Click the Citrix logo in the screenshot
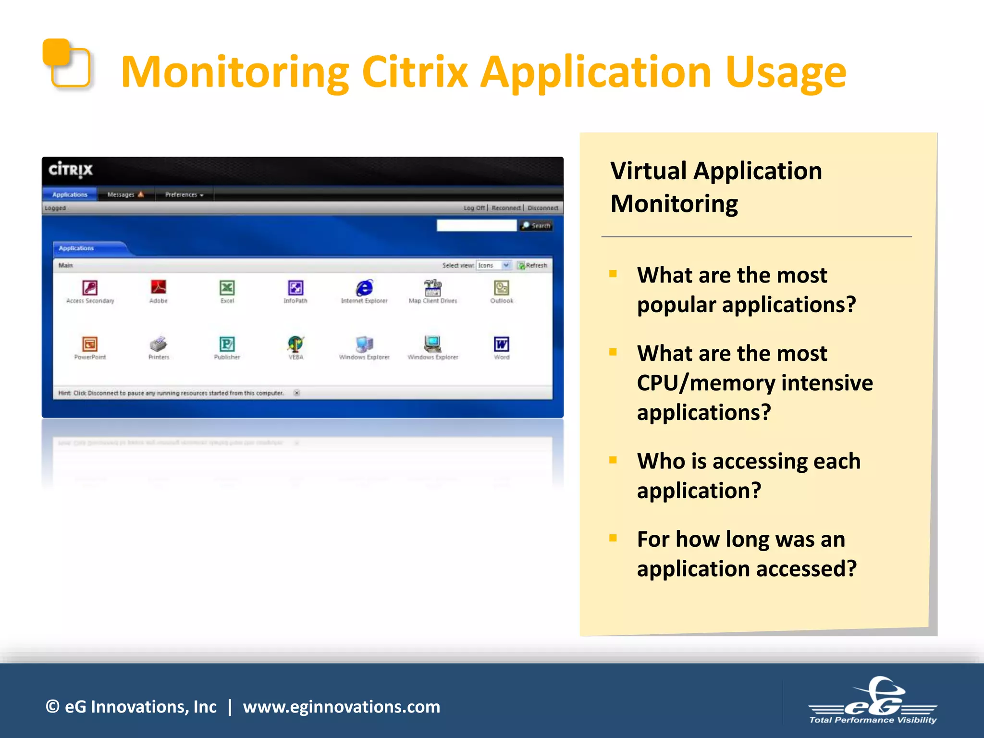(x=71, y=170)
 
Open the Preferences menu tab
(x=184, y=195)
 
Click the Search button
(x=536, y=225)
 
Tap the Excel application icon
(x=227, y=288)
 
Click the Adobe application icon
(x=159, y=287)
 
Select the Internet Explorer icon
(x=364, y=288)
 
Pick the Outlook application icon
(x=501, y=288)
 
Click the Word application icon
(x=501, y=344)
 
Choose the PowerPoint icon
(x=90, y=344)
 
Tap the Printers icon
(x=159, y=344)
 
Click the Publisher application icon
(x=227, y=344)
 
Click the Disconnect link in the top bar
(x=542, y=208)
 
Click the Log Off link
(x=474, y=208)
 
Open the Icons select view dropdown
(x=493, y=265)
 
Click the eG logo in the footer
(x=873, y=701)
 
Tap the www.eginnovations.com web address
(x=341, y=707)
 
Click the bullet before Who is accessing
(x=613, y=460)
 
